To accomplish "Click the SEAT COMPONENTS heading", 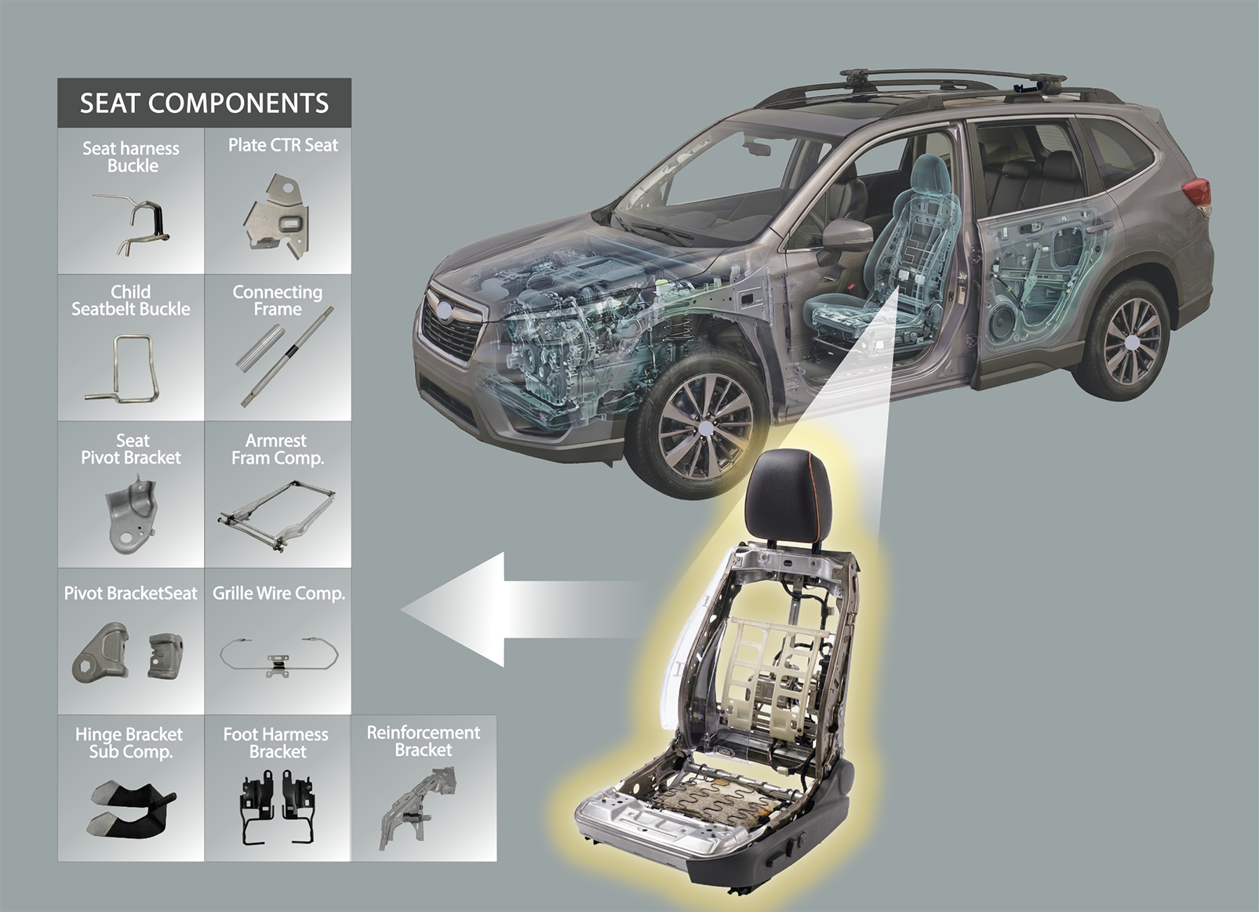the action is [x=204, y=104].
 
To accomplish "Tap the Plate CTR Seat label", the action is [x=282, y=145].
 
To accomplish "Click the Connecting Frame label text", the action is [x=278, y=300].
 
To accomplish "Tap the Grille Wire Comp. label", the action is [x=278, y=594].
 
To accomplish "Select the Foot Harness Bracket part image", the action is [x=277, y=805].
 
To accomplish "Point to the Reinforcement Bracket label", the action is [x=424, y=741].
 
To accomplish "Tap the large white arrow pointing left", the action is [x=522, y=609].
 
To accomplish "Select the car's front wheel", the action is [x=704, y=428].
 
